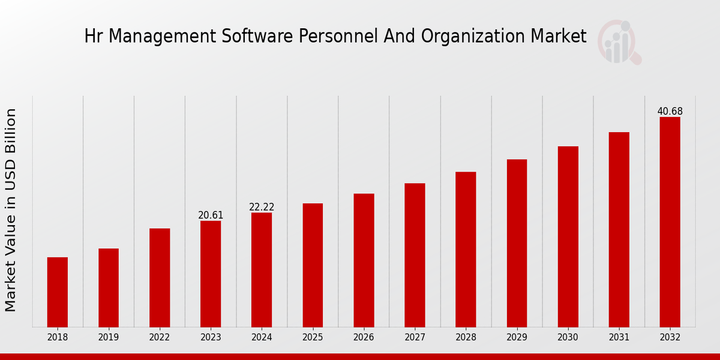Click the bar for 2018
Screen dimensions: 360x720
58,292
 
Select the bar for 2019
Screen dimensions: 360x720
109,288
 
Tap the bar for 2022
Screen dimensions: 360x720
160,278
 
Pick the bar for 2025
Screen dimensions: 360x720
313,265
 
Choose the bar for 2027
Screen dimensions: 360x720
415,255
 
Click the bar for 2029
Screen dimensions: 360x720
517,243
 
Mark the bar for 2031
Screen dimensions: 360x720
619,230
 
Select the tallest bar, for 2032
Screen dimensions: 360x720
670,222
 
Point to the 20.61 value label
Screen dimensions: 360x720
211,215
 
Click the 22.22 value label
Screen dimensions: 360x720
262,207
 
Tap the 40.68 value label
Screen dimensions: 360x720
670,112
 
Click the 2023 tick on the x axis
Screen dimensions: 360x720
211,338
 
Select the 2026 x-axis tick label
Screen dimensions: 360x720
364,338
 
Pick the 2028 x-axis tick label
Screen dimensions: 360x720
466,338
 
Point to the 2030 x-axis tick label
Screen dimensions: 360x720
568,338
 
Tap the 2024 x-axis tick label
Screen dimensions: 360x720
262,338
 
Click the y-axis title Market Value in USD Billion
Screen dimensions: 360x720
11,210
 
